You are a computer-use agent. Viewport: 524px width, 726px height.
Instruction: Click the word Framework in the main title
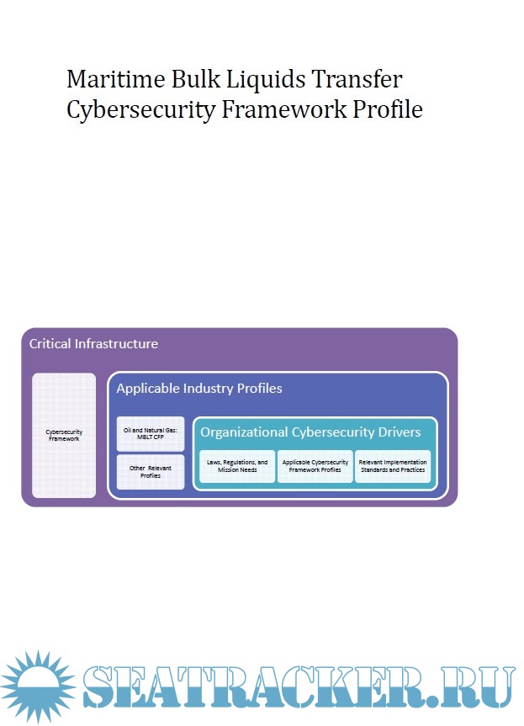click(282, 109)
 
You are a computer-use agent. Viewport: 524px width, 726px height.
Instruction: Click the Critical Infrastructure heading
click(93, 344)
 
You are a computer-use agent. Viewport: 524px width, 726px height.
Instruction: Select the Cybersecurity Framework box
click(64, 435)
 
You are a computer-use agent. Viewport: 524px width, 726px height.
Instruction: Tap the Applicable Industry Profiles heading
click(199, 389)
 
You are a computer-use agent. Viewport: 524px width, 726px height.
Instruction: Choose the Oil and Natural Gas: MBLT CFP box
click(150, 433)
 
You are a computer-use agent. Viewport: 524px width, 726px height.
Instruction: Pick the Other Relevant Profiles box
click(150, 472)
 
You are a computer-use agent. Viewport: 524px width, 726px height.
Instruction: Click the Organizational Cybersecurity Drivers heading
click(310, 432)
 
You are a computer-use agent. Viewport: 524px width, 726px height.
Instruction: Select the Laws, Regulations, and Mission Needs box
click(237, 466)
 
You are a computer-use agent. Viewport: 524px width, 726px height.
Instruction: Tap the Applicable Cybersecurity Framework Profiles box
click(315, 466)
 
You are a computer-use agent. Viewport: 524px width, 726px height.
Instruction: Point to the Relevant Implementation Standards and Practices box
click(392, 466)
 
